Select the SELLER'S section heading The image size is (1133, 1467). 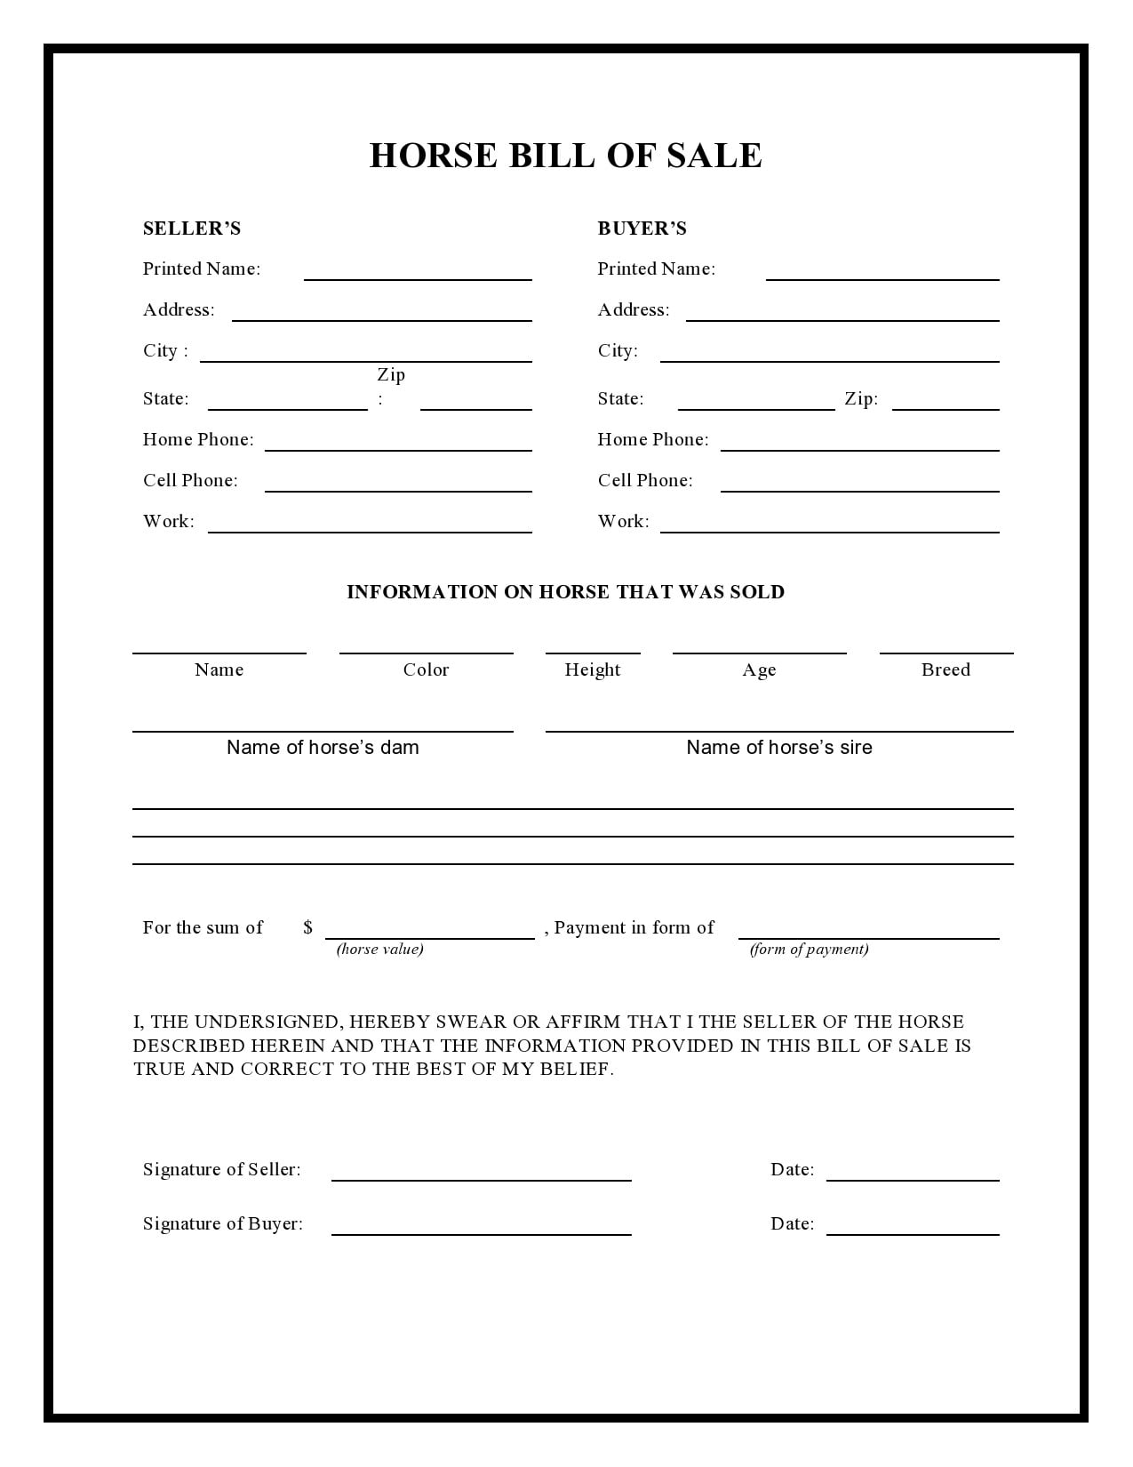[x=192, y=228]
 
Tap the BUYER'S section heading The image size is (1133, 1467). [x=642, y=228]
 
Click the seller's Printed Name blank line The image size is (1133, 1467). [x=418, y=277]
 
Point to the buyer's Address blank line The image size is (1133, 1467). [x=842, y=318]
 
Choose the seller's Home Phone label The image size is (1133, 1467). [x=198, y=439]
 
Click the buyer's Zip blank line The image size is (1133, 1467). [x=945, y=407]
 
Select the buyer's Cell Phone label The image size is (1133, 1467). [x=645, y=480]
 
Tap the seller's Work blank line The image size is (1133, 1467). [x=370, y=530]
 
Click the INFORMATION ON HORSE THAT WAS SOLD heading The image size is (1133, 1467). [x=565, y=592]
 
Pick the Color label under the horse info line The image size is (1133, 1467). [x=426, y=669]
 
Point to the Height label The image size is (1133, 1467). [x=593, y=669]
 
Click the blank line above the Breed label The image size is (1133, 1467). [x=946, y=652]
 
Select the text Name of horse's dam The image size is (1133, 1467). [x=323, y=747]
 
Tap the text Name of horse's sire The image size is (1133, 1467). [x=779, y=747]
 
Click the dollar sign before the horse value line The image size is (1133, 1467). [x=307, y=927]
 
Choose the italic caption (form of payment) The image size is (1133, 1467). [x=809, y=949]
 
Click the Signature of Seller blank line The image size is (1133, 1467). [x=481, y=1178]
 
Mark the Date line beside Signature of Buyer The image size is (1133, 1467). [x=913, y=1232]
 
